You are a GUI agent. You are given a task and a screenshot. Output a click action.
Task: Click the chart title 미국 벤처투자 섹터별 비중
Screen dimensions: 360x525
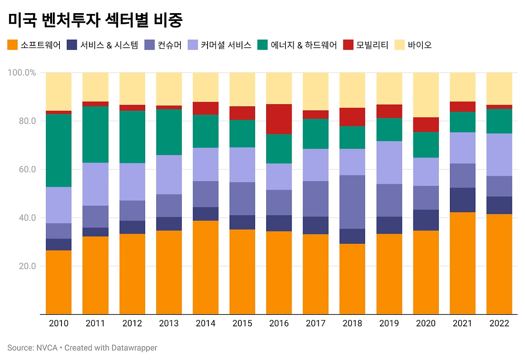point(95,20)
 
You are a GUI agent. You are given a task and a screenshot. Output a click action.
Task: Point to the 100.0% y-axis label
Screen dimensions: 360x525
point(22,73)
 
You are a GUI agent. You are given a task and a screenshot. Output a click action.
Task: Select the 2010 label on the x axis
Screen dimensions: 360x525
point(59,323)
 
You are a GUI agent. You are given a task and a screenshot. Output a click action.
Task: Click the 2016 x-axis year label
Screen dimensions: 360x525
point(279,323)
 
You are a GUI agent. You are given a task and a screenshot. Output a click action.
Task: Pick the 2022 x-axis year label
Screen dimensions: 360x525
point(499,323)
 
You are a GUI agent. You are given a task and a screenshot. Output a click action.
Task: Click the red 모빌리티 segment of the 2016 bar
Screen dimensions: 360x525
point(279,119)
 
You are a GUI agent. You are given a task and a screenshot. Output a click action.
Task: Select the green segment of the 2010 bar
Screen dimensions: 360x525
point(59,150)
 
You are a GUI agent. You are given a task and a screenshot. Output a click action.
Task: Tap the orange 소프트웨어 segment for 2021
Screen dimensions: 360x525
point(463,263)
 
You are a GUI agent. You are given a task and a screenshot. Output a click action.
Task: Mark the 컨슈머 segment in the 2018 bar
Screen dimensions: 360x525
point(352,202)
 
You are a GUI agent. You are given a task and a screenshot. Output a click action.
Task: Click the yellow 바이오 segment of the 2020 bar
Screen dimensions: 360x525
point(426,95)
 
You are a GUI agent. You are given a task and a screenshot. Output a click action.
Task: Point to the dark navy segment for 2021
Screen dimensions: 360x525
point(463,200)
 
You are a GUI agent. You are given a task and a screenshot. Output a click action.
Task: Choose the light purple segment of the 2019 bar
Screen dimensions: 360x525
point(389,163)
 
